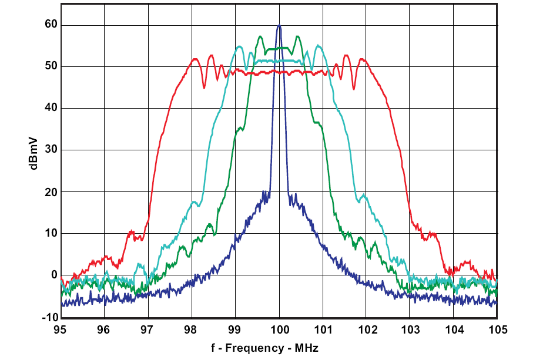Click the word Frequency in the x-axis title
pyautogui.click(x=249, y=348)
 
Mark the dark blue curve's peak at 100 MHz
pyautogui.click(x=279, y=25)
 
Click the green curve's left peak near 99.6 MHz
pyautogui.click(x=260, y=36)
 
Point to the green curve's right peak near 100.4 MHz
pyautogui.click(x=298, y=36)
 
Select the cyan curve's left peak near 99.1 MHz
pyautogui.click(x=240, y=46)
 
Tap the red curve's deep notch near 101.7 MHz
pyautogui.click(x=353, y=89)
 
